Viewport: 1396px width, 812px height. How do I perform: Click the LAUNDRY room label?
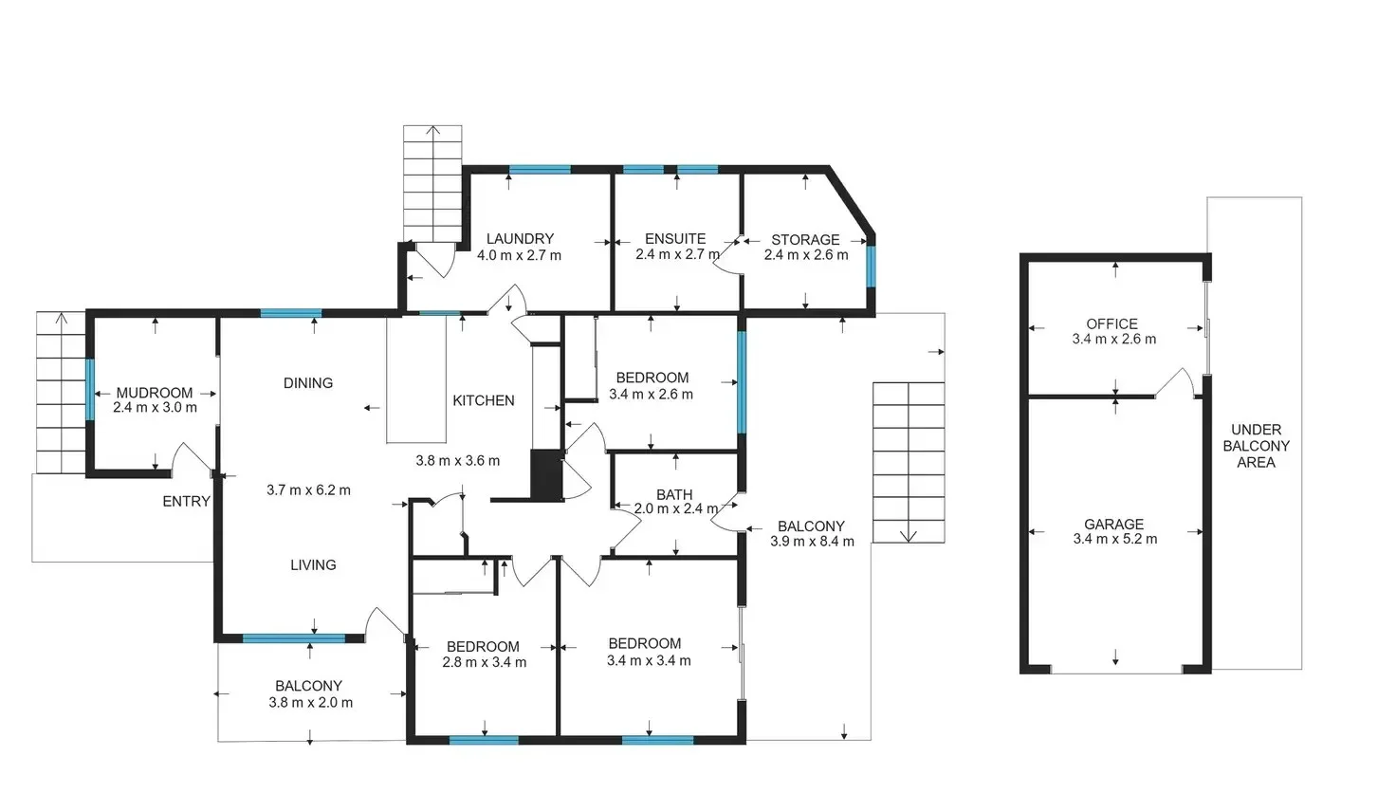(520, 239)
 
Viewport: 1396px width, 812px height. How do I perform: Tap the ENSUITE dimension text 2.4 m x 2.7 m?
(677, 255)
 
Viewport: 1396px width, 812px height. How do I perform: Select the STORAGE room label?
(805, 240)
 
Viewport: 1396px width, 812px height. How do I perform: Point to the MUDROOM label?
(155, 393)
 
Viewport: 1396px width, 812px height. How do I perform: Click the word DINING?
(308, 383)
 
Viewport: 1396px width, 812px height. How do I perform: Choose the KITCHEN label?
(484, 401)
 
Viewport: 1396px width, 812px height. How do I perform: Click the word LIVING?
(313, 565)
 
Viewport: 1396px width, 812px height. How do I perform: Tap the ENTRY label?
(186, 502)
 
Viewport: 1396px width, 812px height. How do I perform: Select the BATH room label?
(674, 495)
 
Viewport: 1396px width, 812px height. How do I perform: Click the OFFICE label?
(1111, 323)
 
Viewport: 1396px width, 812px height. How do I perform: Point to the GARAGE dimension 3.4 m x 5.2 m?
(1114, 540)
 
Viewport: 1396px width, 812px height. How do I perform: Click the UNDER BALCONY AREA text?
(1256, 446)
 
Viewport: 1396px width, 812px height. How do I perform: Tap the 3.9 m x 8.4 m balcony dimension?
(812, 542)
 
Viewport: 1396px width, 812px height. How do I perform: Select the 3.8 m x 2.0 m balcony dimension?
(310, 703)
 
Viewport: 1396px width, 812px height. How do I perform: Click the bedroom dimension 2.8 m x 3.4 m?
(484, 663)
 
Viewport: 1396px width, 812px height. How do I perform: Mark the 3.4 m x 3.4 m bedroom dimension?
(649, 661)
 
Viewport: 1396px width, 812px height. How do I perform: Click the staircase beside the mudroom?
(62, 393)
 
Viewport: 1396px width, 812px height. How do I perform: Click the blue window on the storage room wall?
(871, 267)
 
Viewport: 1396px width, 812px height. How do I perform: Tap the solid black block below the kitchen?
(546, 474)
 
